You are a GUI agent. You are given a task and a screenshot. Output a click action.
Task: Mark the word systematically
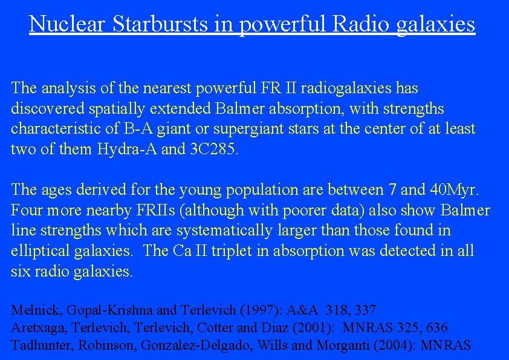click(x=238, y=231)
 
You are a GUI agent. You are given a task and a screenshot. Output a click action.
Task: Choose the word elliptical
click(x=41, y=251)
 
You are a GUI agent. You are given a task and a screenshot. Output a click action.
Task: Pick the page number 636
click(x=436, y=328)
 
